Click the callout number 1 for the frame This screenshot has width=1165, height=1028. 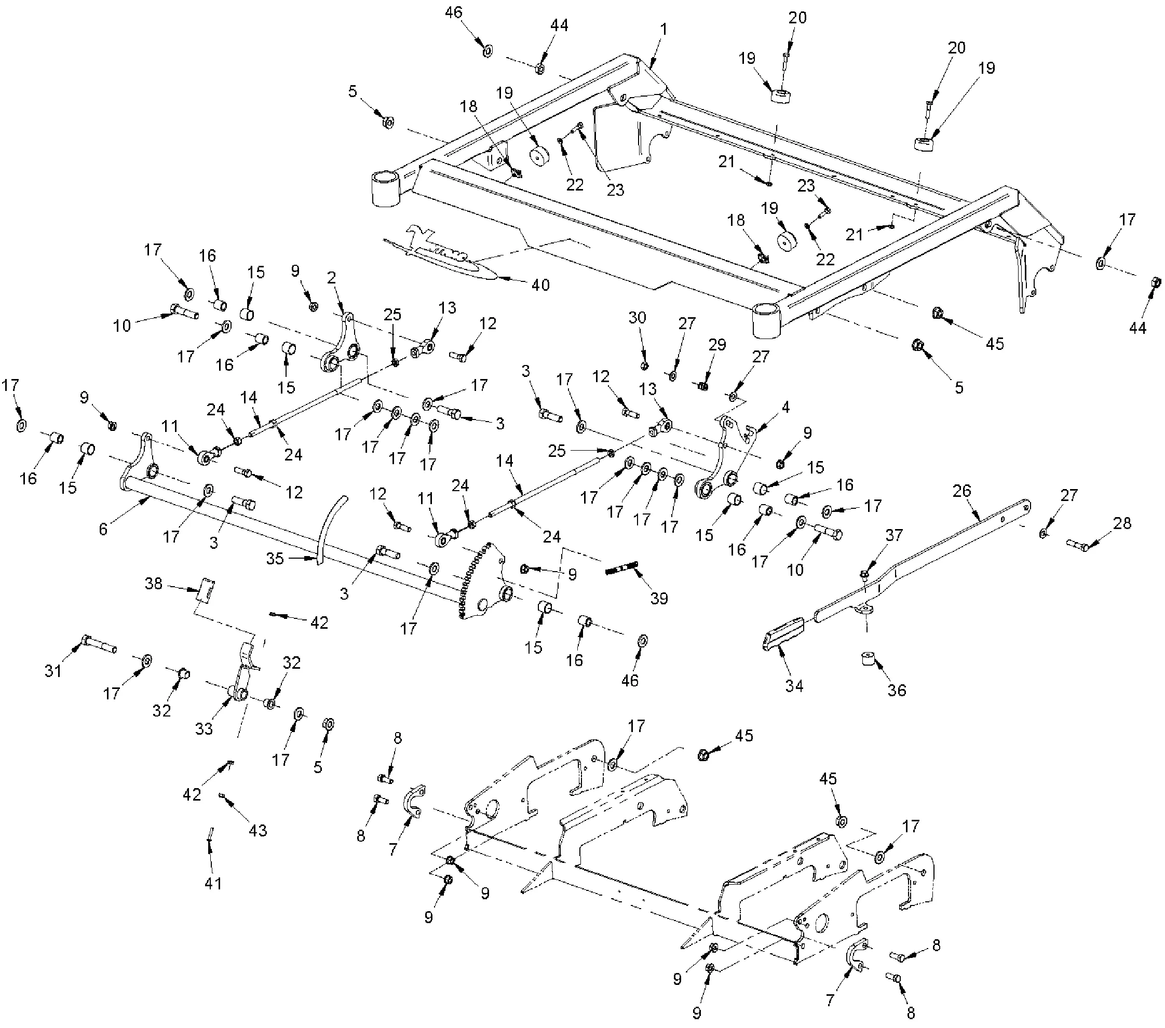click(663, 29)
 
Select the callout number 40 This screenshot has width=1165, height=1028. click(540, 285)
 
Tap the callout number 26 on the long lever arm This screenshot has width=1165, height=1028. click(962, 491)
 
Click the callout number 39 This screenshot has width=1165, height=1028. click(659, 598)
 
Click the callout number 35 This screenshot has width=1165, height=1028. click(275, 559)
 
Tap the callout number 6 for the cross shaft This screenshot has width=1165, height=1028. click(103, 530)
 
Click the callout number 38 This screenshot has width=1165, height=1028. click(154, 584)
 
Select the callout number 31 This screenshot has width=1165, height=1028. click(53, 671)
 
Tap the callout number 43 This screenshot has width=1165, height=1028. click(258, 830)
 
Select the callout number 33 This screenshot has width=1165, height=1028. click(204, 728)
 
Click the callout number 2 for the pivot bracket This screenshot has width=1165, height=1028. click(331, 278)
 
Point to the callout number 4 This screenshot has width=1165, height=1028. click(786, 408)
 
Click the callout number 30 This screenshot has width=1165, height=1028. click(637, 317)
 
